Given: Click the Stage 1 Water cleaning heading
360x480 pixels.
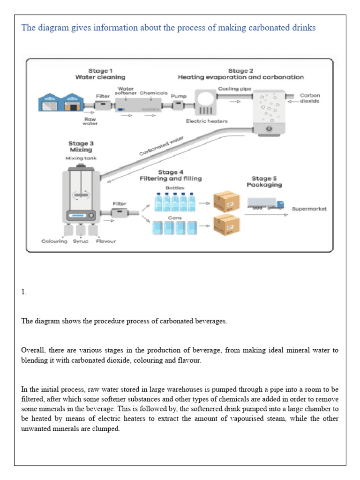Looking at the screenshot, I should tap(100, 74).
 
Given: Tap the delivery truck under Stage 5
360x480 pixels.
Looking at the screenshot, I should tap(266, 203).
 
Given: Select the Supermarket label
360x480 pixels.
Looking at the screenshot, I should tap(309, 209).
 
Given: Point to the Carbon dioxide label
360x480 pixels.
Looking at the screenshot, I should tap(310, 98).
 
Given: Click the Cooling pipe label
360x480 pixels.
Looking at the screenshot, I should tap(235, 89).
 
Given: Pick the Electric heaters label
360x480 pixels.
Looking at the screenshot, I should tap(207, 121).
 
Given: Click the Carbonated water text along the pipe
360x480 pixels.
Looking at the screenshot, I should tap(162, 146).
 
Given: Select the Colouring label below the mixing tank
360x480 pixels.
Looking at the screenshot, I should tap(53, 241).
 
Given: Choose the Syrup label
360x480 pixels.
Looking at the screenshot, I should tap(80, 241).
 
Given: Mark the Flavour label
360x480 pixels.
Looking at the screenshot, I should tap(106, 241).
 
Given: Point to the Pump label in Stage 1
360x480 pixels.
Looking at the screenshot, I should tap(179, 96).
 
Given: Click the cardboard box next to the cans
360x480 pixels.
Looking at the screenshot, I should tap(226, 225).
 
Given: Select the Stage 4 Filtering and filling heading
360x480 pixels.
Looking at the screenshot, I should tap(171, 175).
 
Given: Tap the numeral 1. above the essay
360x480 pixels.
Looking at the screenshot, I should tap(24, 292).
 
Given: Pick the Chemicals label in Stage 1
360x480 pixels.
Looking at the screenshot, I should tap(153, 93).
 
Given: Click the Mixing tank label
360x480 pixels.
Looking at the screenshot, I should tap(81, 158).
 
